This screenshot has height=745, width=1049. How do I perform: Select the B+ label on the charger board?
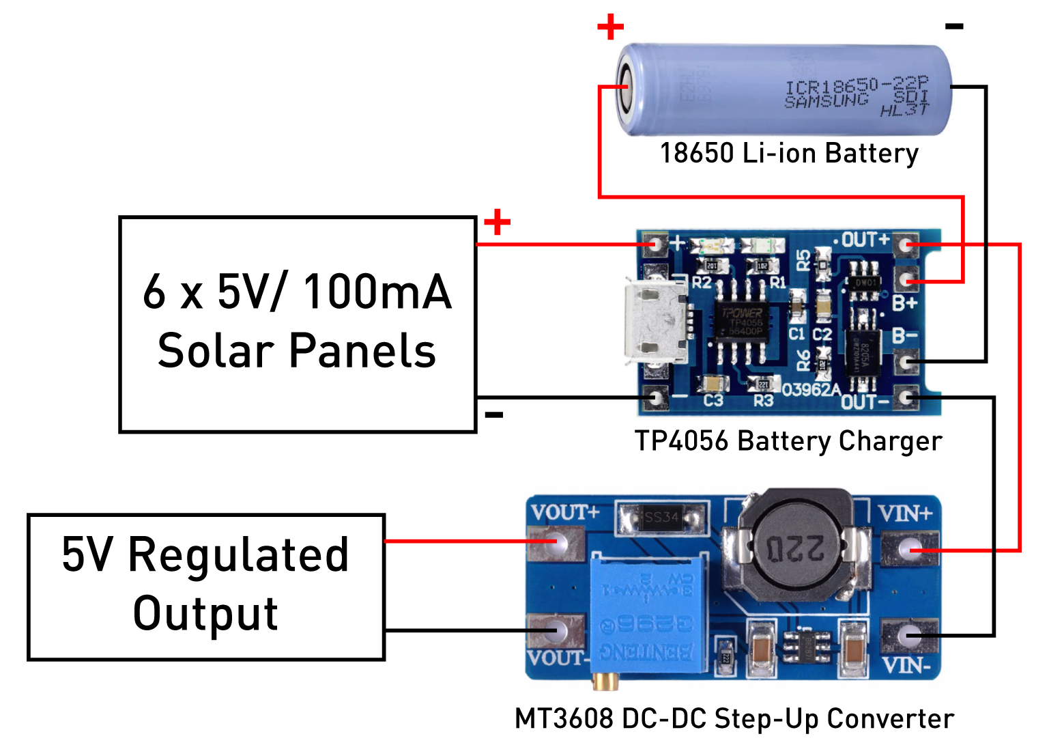tap(905, 303)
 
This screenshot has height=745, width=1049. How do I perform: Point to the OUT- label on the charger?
tap(865, 402)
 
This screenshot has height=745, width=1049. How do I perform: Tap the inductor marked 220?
tap(795, 546)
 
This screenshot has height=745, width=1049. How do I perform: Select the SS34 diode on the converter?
tap(661, 518)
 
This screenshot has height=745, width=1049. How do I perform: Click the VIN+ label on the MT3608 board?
tap(905, 514)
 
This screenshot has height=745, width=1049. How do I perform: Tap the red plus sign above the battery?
tap(610, 27)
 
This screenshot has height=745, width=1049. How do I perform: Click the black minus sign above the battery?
tap(954, 27)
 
